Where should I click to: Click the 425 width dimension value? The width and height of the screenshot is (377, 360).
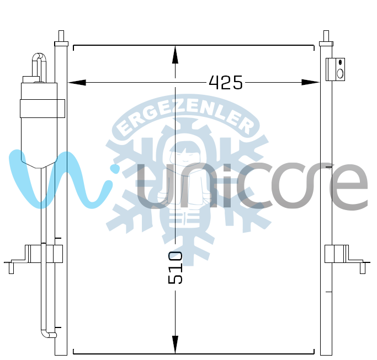(226, 83)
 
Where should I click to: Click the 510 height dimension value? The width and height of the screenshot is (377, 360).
(176, 267)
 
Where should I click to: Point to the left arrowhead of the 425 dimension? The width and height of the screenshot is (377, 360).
(77, 82)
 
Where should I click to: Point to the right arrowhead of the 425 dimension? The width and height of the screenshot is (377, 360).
(310, 82)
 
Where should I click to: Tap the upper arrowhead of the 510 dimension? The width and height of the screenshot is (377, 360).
(176, 55)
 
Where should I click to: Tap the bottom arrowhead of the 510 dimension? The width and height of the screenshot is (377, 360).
(176, 345)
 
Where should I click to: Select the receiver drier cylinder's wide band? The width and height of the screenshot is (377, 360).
(43, 109)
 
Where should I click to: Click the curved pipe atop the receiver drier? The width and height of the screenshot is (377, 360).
(39, 67)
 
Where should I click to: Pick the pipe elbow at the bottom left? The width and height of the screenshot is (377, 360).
(48, 334)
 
